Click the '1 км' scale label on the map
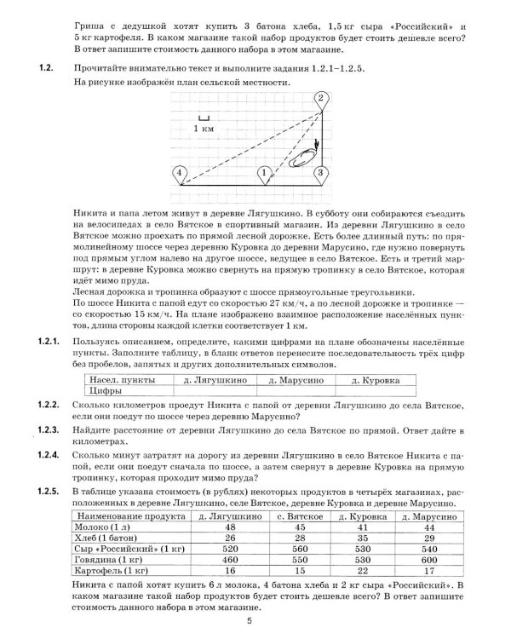(203, 128)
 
